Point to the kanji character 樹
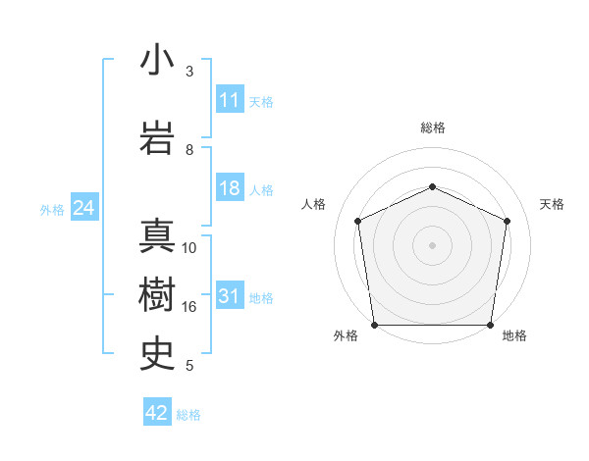(x=158, y=294)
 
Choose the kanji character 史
(x=158, y=352)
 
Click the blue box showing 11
(x=230, y=100)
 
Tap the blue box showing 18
(x=230, y=189)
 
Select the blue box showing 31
(x=230, y=297)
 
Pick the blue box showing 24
(x=84, y=208)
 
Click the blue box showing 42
(x=157, y=413)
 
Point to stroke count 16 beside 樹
(x=189, y=307)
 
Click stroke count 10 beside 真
(x=189, y=248)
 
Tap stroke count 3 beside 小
(x=189, y=72)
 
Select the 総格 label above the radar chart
(x=433, y=128)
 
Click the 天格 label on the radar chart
(x=552, y=204)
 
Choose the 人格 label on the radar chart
(x=314, y=204)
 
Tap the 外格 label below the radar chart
(x=346, y=335)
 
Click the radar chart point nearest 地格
(x=491, y=325)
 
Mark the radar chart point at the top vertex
(x=432, y=186)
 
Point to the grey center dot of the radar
(x=432, y=245)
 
